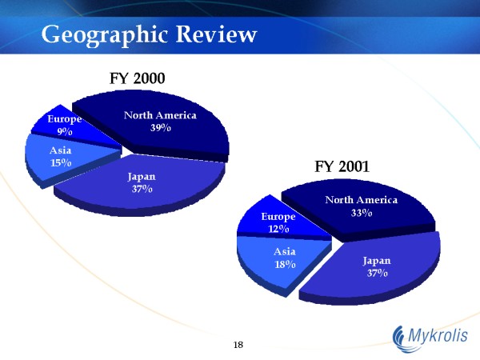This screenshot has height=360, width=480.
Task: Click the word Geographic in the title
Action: click(105, 34)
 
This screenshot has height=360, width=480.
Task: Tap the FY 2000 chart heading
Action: click(137, 78)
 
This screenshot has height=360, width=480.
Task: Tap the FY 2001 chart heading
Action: click(342, 166)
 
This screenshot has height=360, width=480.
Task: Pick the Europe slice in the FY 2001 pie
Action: click(275, 222)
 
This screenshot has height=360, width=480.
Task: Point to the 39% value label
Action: click(161, 128)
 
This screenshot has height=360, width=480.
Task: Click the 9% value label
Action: click(65, 132)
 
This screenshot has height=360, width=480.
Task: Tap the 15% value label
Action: click(61, 163)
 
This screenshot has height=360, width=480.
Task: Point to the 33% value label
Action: click(362, 213)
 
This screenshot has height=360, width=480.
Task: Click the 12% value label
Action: click(278, 229)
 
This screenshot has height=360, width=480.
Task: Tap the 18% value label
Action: click(285, 264)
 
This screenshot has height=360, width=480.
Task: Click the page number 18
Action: click(238, 345)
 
